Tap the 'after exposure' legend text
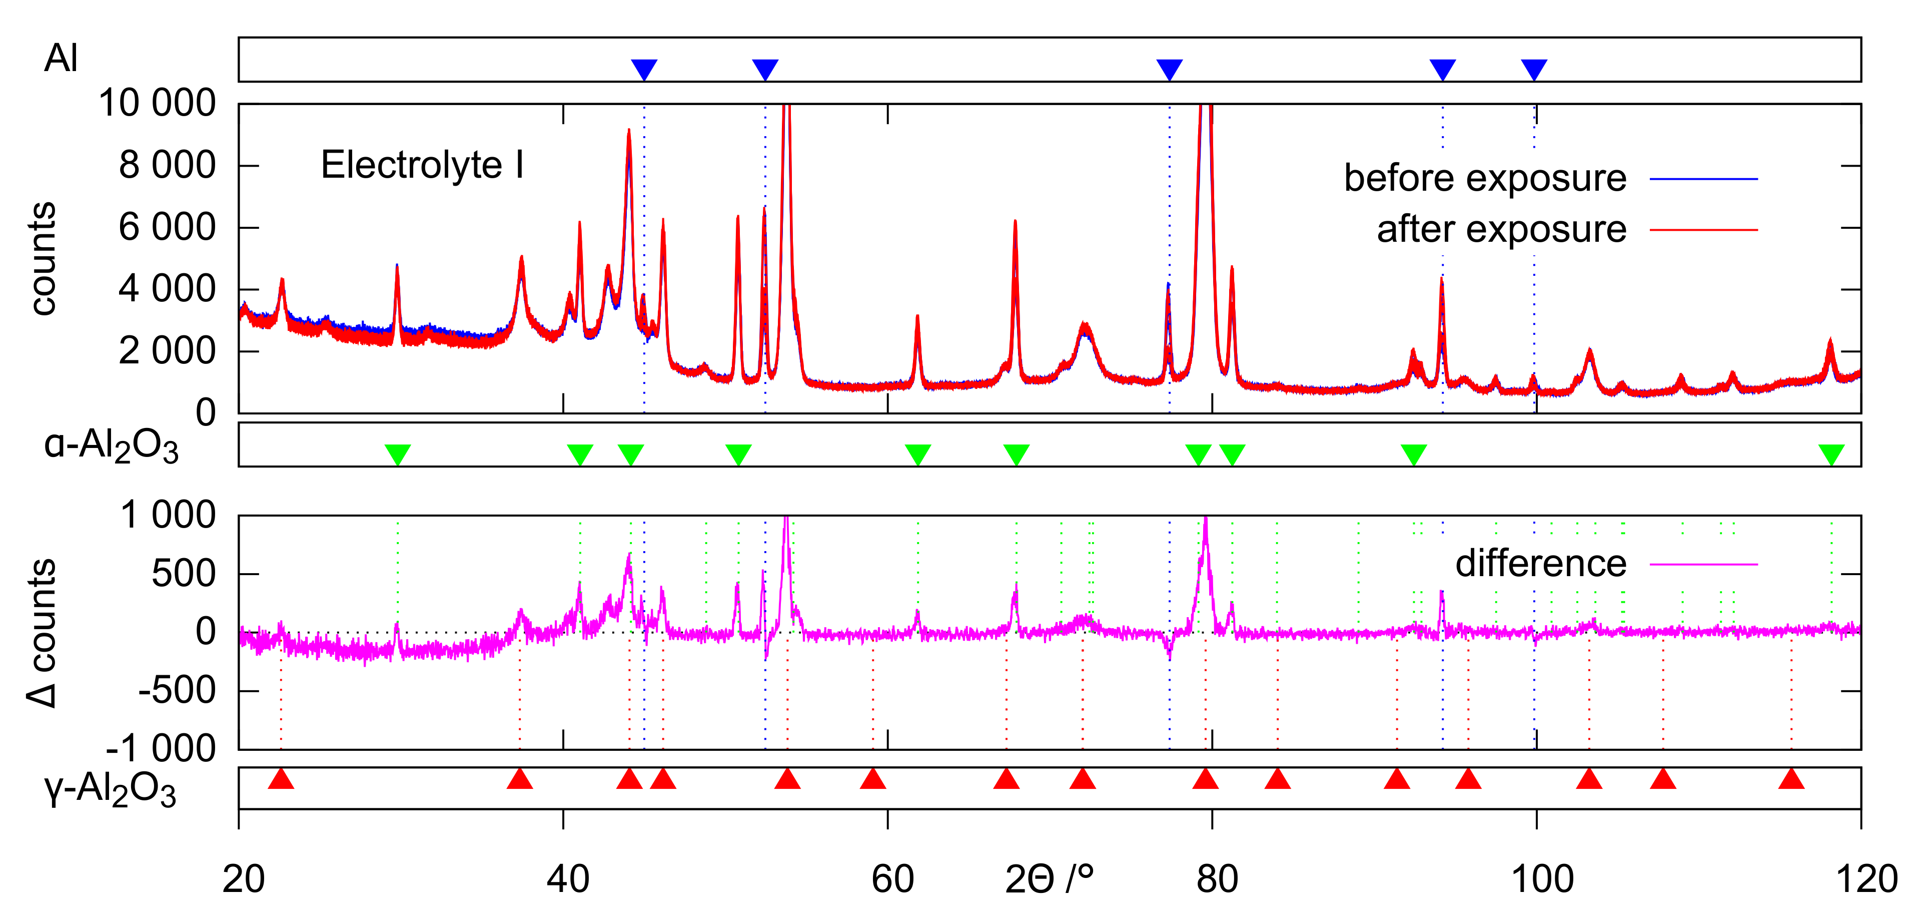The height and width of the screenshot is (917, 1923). (x=1501, y=229)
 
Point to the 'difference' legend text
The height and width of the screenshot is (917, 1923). (x=1541, y=564)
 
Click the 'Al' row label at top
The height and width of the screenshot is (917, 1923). (x=61, y=58)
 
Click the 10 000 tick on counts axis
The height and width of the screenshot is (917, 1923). (x=157, y=103)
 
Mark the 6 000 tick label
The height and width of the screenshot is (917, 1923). (x=167, y=227)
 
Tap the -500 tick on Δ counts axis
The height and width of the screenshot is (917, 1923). (x=177, y=691)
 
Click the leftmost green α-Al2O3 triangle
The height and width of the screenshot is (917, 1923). (x=397, y=453)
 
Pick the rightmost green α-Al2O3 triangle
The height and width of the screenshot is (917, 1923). (x=1831, y=453)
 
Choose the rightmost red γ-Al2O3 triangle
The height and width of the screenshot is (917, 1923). (x=1791, y=779)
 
